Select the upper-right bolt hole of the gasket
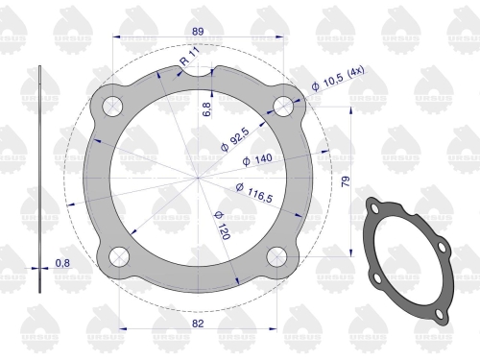(x=282, y=105)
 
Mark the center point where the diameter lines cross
(x=199, y=179)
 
